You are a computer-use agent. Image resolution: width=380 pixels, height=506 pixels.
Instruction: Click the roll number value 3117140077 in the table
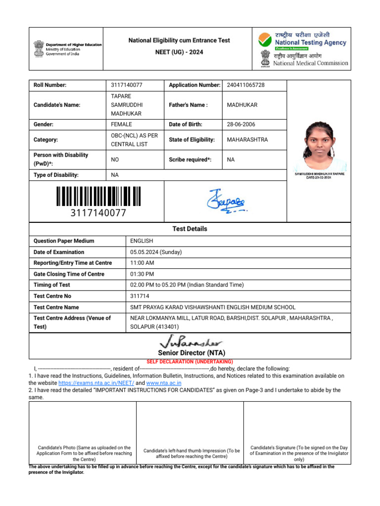tap(130, 85)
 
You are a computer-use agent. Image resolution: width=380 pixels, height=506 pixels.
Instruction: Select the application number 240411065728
tap(245, 85)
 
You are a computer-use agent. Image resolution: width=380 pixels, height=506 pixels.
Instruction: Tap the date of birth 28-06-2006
tap(241, 125)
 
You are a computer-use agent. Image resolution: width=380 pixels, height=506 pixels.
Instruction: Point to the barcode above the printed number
tap(98, 196)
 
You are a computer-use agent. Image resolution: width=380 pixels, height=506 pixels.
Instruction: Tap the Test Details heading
tap(190, 229)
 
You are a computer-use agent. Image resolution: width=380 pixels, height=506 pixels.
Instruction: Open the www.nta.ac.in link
tap(164, 383)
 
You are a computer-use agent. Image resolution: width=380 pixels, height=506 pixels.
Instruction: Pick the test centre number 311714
tap(139, 296)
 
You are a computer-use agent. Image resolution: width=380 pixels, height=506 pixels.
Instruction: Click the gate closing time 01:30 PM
tap(142, 274)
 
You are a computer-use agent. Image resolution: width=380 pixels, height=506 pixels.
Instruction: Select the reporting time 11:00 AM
tap(142, 263)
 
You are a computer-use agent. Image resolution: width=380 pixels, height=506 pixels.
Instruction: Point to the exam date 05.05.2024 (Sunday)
tap(156, 252)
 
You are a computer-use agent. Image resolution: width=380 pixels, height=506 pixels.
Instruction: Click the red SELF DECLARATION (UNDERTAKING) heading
tap(190, 362)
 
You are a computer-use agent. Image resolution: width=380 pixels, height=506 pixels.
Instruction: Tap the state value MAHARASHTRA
tap(247, 140)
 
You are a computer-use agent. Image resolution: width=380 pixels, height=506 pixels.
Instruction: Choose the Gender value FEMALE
tap(121, 125)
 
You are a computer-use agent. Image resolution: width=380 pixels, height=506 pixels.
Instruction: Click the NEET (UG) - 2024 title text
tap(179, 52)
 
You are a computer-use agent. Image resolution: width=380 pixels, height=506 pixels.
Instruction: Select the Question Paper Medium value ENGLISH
tap(142, 241)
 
